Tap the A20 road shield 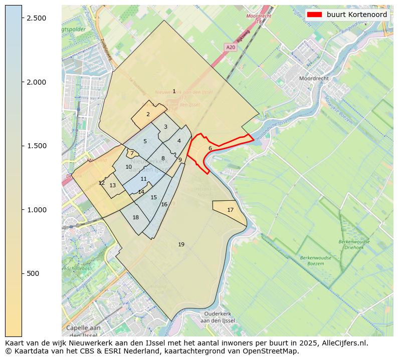[x=231, y=47]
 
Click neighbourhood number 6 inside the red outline [x=210, y=148]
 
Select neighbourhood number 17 [x=230, y=210]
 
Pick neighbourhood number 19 [x=181, y=244]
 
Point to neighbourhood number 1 [x=174, y=91]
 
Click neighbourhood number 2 [x=148, y=114]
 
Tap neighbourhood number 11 [x=144, y=179]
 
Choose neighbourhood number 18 [x=135, y=217]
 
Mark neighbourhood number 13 [x=113, y=185]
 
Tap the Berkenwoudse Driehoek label [x=354, y=244]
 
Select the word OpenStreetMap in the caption [x=273, y=351]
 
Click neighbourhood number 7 [x=131, y=153]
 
